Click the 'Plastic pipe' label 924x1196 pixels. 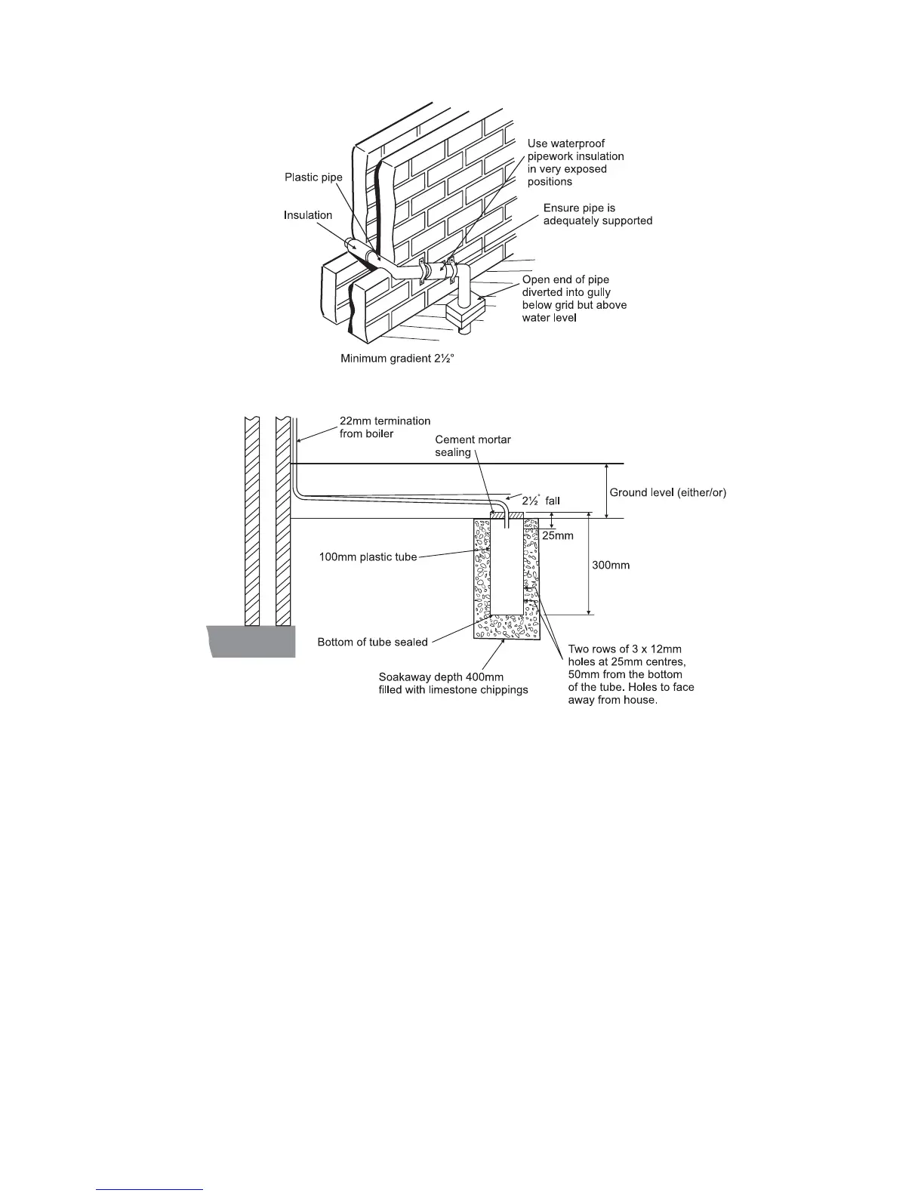[x=313, y=177]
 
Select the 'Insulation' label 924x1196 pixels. [x=308, y=215]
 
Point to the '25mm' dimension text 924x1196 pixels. [x=559, y=535]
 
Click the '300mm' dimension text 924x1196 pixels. [x=611, y=565]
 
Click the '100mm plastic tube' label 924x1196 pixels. [x=368, y=557]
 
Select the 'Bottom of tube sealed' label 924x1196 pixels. [x=372, y=643]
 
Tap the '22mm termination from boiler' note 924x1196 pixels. [x=385, y=427]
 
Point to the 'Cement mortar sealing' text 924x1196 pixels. [x=473, y=445]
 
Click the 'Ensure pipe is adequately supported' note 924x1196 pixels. [x=598, y=214]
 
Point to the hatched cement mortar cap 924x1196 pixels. [x=506, y=515]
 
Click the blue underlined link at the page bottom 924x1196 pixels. [x=150, y=1189]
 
